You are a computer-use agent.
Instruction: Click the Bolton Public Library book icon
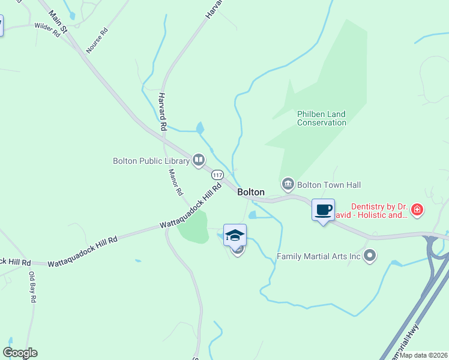tap(199, 160)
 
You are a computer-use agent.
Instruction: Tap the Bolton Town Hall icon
tap(288, 183)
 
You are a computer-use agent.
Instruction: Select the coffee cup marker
tap(323, 210)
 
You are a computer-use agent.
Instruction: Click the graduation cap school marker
tap(235, 235)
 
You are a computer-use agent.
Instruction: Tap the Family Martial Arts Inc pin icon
tap(370, 256)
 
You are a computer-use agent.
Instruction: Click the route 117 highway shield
tap(217, 175)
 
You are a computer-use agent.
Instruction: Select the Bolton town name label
tap(251, 192)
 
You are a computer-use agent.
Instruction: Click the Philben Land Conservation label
tap(322, 118)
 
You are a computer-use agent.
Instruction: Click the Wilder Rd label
tap(47, 30)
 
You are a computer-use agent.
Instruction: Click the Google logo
tap(20, 353)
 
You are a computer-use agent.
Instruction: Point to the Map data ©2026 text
tap(423, 355)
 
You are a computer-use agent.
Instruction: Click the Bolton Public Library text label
tap(151, 161)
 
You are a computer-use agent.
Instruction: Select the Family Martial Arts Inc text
tap(318, 257)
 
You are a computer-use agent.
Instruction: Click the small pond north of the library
tap(200, 128)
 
